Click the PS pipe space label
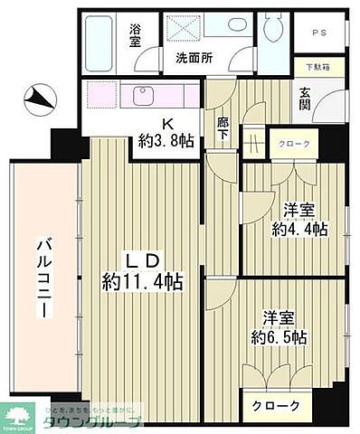(319, 33)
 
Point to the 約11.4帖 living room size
(143, 281)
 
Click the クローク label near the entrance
(294, 144)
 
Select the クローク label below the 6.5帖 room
(275, 405)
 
